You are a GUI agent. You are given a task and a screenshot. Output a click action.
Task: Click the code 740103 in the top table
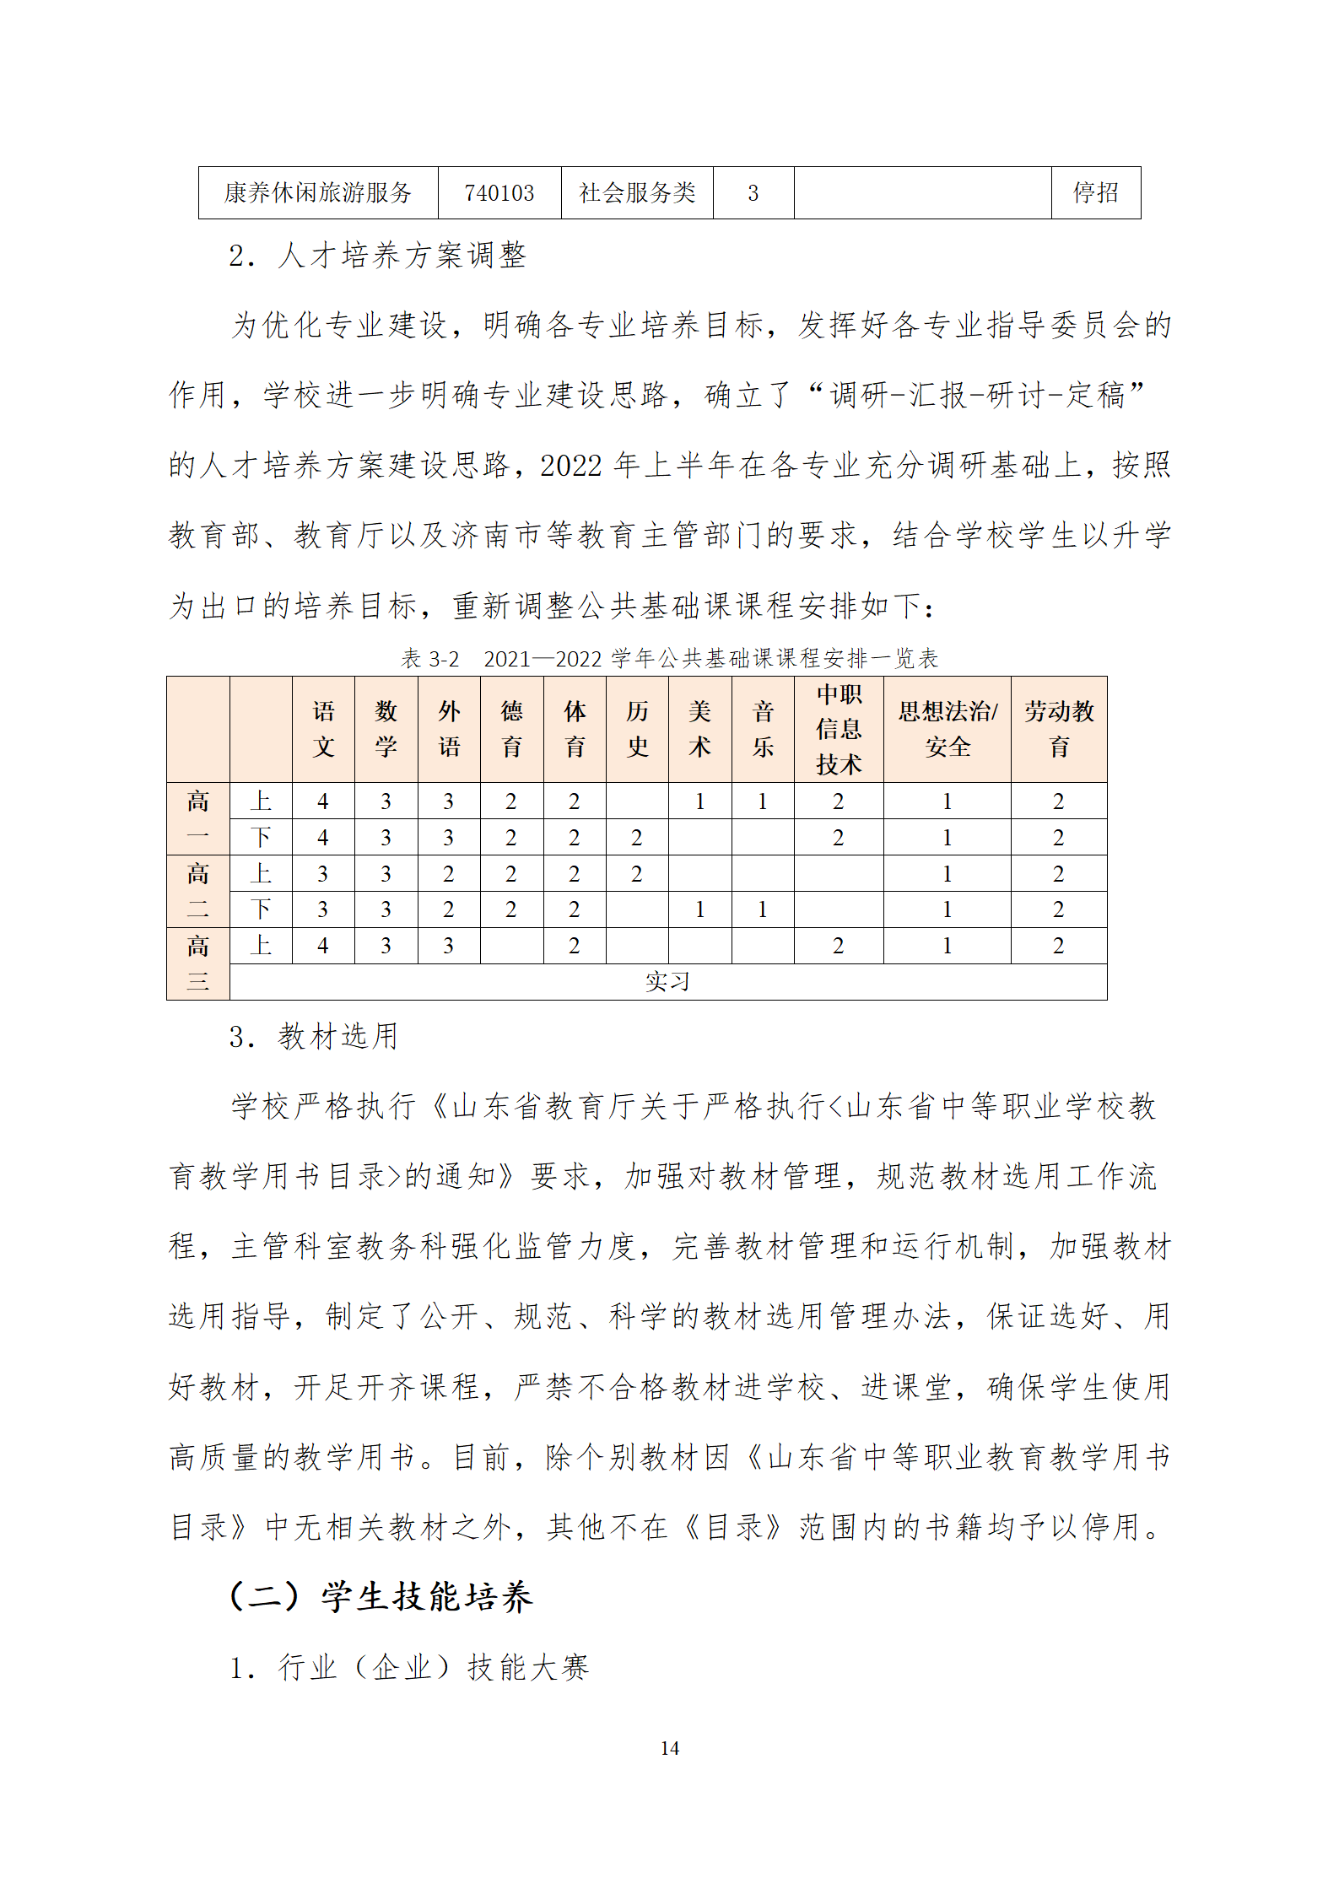pos(499,193)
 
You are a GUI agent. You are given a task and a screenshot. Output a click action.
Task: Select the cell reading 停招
pos(1095,193)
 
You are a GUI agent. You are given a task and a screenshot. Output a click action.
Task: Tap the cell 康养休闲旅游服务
pos(317,193)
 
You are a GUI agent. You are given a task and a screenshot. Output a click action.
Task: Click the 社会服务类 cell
pos(637,193)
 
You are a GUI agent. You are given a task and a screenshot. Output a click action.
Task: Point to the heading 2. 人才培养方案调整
pos(377,256)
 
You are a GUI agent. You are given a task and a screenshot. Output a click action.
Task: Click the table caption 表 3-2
pos(429,659)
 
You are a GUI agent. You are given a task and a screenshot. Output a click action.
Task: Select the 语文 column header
pos(323,729)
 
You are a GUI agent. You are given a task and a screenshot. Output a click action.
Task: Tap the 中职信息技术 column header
pos(838,729)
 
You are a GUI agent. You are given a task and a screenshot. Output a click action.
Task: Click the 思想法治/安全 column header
pos(947,729)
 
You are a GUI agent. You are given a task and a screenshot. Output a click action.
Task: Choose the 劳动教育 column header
pos(1058,729)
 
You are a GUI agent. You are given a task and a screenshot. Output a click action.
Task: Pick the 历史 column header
pos(637,729)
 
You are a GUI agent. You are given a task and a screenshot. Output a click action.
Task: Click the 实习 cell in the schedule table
pos(667,982)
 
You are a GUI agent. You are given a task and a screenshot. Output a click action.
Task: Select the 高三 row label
pos(197,963)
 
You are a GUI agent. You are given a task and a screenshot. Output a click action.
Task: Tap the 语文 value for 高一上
pos(323,801)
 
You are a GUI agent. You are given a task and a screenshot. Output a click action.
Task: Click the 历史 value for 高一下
pos(637,838)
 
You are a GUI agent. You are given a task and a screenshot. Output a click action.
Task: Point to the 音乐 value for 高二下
pos(763,909)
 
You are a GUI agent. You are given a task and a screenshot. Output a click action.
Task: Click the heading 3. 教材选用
pos(313,1037)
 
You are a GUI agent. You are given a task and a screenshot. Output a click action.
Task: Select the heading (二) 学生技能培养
pos(381,1596)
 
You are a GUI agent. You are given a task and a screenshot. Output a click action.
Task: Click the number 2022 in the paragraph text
pos(571,466)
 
